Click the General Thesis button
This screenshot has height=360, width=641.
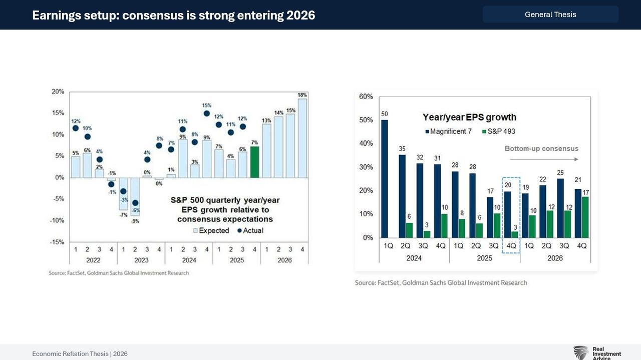point(550,15)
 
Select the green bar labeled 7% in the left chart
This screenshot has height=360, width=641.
point(254,162)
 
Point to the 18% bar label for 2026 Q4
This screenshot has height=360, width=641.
point(302,95)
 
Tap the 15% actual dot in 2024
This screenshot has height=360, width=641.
point(207,114)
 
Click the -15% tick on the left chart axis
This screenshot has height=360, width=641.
point(58,242)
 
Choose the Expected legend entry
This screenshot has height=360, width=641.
point(211,231)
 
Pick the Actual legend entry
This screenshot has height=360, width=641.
point(250,231)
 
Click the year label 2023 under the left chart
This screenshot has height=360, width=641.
point(141,260)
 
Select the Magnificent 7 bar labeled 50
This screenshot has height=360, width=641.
point(385,179)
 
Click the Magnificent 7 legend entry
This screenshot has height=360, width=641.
point(450,131)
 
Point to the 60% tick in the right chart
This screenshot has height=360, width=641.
point(366,97)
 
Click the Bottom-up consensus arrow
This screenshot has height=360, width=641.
point(544,159)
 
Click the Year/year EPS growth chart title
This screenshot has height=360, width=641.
point(469,117)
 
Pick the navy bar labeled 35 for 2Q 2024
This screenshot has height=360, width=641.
point(402,196)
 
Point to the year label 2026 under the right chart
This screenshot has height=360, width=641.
point(555,258)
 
